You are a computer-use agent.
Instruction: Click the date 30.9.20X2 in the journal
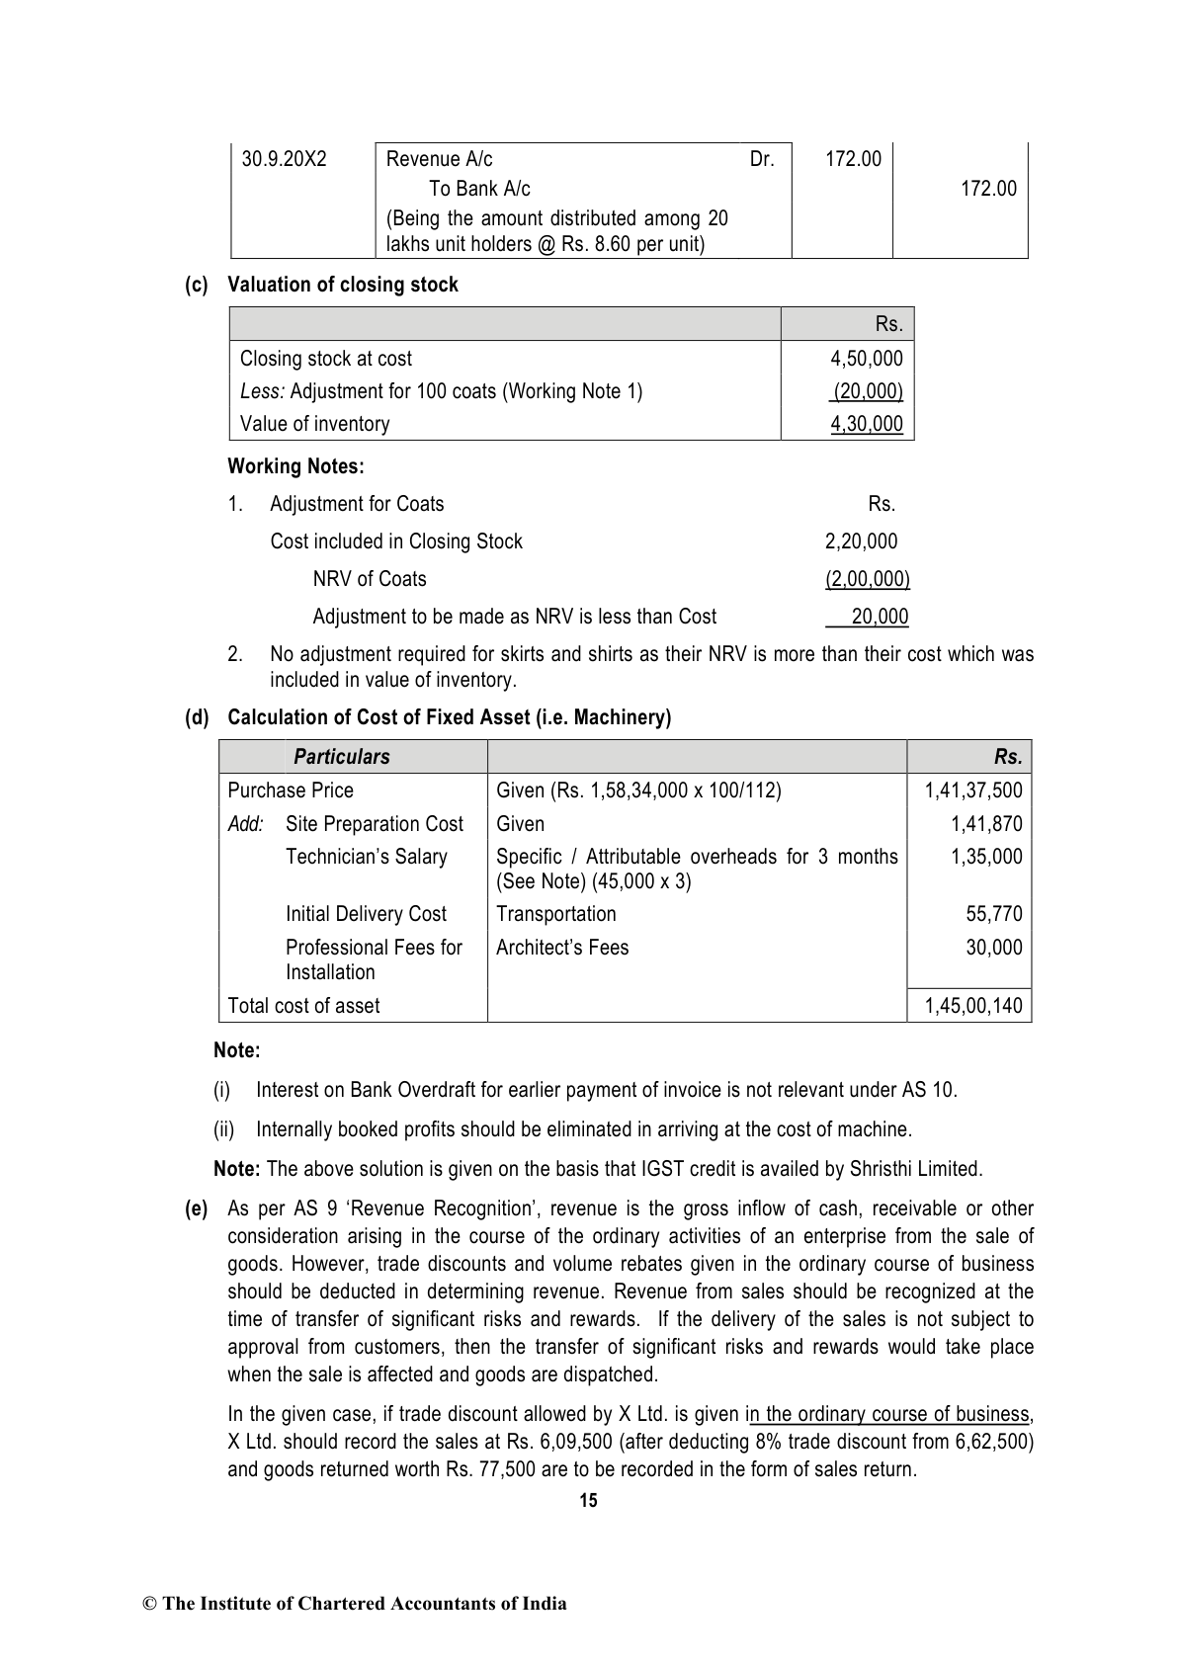click(284, 159)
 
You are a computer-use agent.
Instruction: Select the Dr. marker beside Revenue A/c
click(762, 159)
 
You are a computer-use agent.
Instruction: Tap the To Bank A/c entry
click(479, 189)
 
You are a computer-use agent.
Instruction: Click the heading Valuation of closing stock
click(343, 285)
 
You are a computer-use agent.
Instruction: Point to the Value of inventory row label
click(314, 424)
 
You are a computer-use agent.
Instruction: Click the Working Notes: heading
click(295, 465)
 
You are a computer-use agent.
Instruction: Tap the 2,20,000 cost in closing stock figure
click(861, 541)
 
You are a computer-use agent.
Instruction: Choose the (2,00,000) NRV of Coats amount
click(867, 579)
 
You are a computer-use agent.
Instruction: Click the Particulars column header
click(342, 757)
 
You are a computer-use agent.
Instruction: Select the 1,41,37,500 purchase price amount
click(973, 790)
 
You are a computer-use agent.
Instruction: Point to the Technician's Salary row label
click(366, 857)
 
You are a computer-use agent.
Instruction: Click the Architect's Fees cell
click(561, 948)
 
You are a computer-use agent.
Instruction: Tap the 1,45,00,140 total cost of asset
click(973, 1006)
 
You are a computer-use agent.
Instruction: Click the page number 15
click(588, 1500)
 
